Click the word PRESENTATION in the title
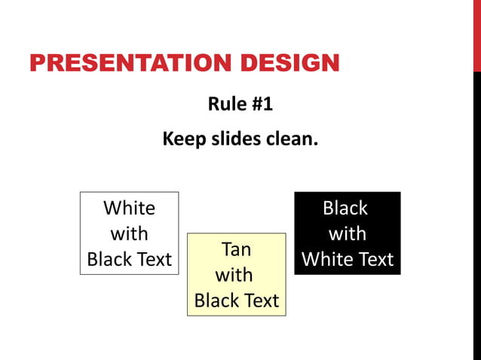[116, 63]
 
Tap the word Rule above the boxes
[225, 104]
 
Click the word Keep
[184, 139]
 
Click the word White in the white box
[129, 208]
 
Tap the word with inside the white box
[129, 233]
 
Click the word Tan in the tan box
[236, 249]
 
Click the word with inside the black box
[348, 233]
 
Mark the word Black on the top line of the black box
[345, 208]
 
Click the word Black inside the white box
[109, 259]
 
